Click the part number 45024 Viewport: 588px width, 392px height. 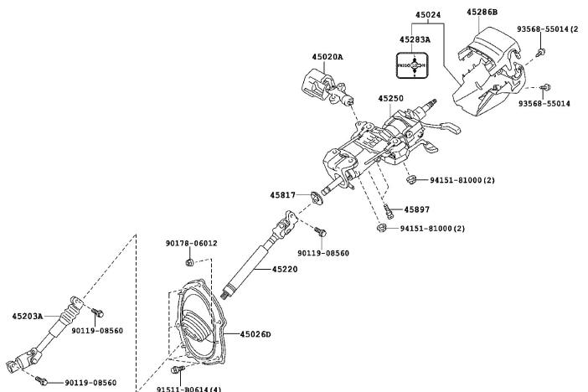428,15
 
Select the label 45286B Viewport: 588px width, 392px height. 482,12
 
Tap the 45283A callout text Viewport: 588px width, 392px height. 415,39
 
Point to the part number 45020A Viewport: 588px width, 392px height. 328,57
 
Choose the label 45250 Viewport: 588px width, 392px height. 391,98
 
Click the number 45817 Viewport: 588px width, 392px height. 283,195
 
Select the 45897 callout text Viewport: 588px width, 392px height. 416,209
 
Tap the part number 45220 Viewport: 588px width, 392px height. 285,270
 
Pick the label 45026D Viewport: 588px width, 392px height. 255,334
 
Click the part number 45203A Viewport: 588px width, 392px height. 28,317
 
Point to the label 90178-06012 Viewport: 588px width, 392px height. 191,243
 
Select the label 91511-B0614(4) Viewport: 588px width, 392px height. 189,389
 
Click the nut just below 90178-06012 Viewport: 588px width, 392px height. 190,262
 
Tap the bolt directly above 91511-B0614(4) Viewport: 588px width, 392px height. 178,369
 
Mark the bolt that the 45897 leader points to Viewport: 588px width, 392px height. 388,211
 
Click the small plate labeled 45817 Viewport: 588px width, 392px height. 316,198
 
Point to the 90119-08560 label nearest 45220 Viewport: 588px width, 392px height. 323,253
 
